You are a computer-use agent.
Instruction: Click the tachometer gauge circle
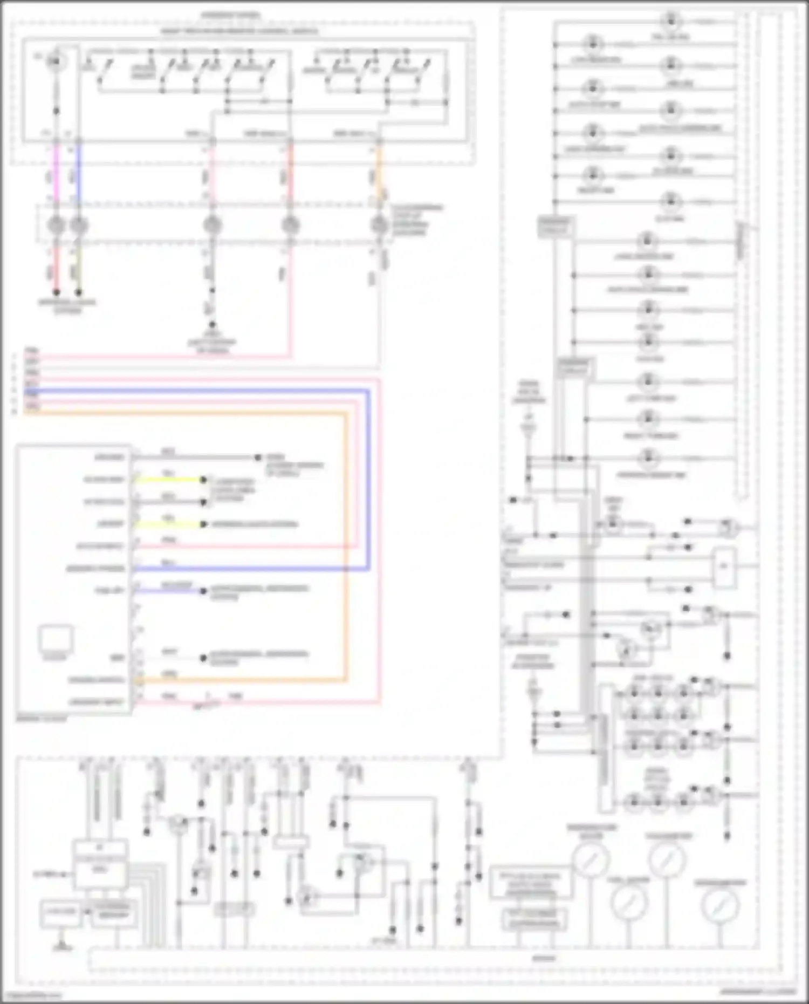(x=667, y=858)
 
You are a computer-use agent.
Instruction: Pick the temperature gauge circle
(x=591, y=859)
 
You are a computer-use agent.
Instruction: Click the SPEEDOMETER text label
(x=720, y=883)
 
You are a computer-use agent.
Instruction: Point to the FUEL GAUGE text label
(x=629, y=880)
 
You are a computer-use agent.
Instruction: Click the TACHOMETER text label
(x=669, y=836)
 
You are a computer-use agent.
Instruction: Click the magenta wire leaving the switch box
(x=57, y=173)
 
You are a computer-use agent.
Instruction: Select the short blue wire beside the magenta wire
(x=79, y=173)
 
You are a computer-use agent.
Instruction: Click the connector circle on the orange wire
(x=379, y=224)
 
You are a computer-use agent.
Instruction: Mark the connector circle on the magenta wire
(x=57, y=224)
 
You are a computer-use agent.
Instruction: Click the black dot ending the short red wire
(x=56, y=292)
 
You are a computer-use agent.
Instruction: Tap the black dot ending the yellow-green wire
(x=79, y=292)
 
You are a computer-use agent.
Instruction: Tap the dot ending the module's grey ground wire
(x=258, y=457)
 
